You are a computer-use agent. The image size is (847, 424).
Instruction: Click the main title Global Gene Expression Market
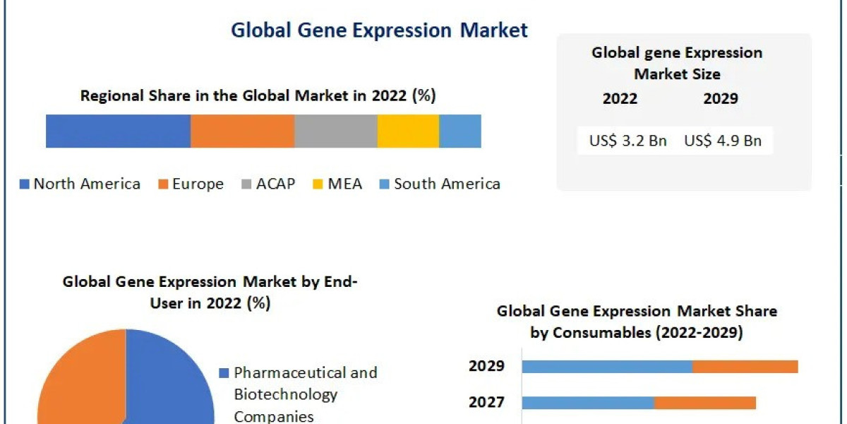[x=379, y=30]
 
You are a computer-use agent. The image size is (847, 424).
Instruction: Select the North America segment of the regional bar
[x=118, y=131]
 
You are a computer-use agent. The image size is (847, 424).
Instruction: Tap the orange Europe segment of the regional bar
[x=242, y=131]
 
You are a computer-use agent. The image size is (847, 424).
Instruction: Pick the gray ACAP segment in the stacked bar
[x=335, y=131]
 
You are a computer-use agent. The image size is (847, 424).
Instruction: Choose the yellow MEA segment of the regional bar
[x=408, y=131]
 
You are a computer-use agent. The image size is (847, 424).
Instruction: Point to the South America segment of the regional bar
[x=459, y=131]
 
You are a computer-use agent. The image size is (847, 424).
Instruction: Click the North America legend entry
[x=80, y=184]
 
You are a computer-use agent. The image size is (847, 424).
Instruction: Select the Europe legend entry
[x=191, y=184]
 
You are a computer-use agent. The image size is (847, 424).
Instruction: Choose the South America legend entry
[x=440, y=184]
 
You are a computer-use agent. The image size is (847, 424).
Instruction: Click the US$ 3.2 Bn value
[x=627, y=141]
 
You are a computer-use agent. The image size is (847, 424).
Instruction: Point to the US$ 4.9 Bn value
[x=723, y=141]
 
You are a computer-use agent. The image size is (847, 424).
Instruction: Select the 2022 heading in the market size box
[x=620, y=99]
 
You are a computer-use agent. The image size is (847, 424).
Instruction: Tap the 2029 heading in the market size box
[x=721, y=99]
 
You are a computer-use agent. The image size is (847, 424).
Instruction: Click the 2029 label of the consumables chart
[x=487, y=366]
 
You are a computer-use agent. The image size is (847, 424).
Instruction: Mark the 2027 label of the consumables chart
[x=487, y=403]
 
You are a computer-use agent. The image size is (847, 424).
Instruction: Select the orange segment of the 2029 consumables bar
[x=745, y=366]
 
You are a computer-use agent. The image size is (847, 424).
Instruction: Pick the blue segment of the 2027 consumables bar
[x=588, y=403]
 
